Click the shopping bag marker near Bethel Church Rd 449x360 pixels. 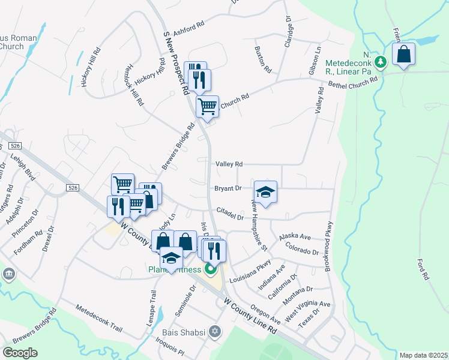click(404, 53)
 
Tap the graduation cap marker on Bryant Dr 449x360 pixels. click(265, 192)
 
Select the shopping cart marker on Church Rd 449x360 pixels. click(207, 107)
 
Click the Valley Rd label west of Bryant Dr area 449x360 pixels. click(229, 164)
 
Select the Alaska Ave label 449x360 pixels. click(294, 237)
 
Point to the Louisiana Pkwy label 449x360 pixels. click(255, 267)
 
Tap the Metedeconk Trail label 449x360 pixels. click(99, 319)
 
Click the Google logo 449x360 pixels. click(20, 352)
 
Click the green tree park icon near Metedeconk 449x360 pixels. click(379, 62)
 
